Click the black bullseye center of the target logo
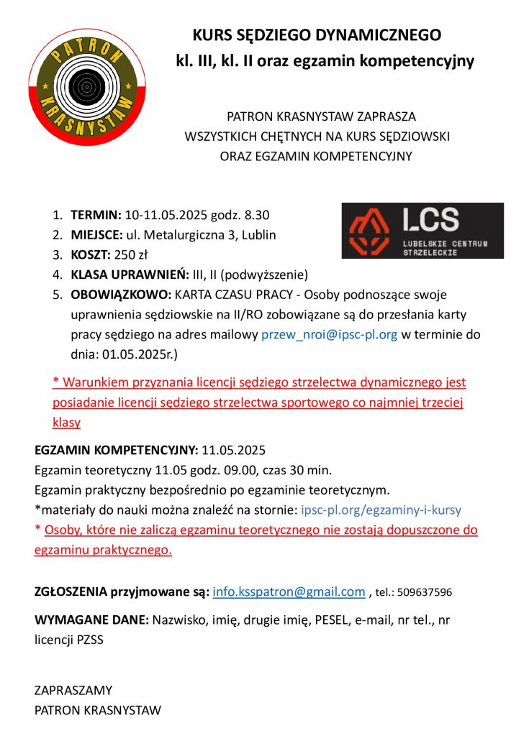coord(87,88)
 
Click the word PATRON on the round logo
coord(86,48)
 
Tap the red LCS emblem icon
coord(369,230)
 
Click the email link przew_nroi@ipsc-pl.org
coord(329,334)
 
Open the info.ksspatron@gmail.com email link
coord(289,592)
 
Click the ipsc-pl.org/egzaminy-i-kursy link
coord(381,510)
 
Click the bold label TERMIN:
coord(96,215)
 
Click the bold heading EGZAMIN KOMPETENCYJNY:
coord(117,451)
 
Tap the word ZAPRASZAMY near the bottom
coord(73,691)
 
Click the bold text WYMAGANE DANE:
coord(91,620)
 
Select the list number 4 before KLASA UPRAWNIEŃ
coord(57,275)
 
